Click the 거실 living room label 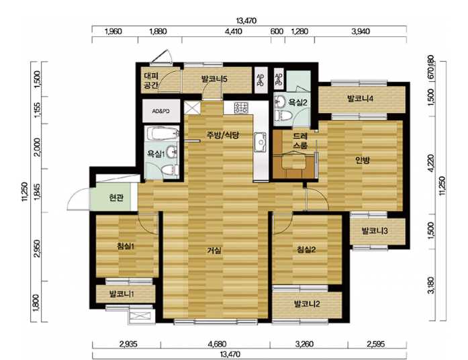(x=214, y=251)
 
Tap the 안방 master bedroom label (x=363, y=161)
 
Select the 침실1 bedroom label (x=126, y=246)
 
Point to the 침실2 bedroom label (x=306, y=249)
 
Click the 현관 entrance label (x=116, y=197)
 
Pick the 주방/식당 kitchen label (x=223, y=135)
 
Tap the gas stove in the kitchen (x=241, y=107)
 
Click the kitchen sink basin (x=261, y=142)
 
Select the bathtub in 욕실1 (x=161, y=133)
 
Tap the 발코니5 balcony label (x=215, y=79)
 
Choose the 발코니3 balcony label (x=375, y=231)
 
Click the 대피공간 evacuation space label (x=151, y=81)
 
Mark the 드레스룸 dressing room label (x=300, y=141)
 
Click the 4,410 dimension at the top (x=233, y=32)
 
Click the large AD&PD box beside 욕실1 (x=161, y=111)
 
